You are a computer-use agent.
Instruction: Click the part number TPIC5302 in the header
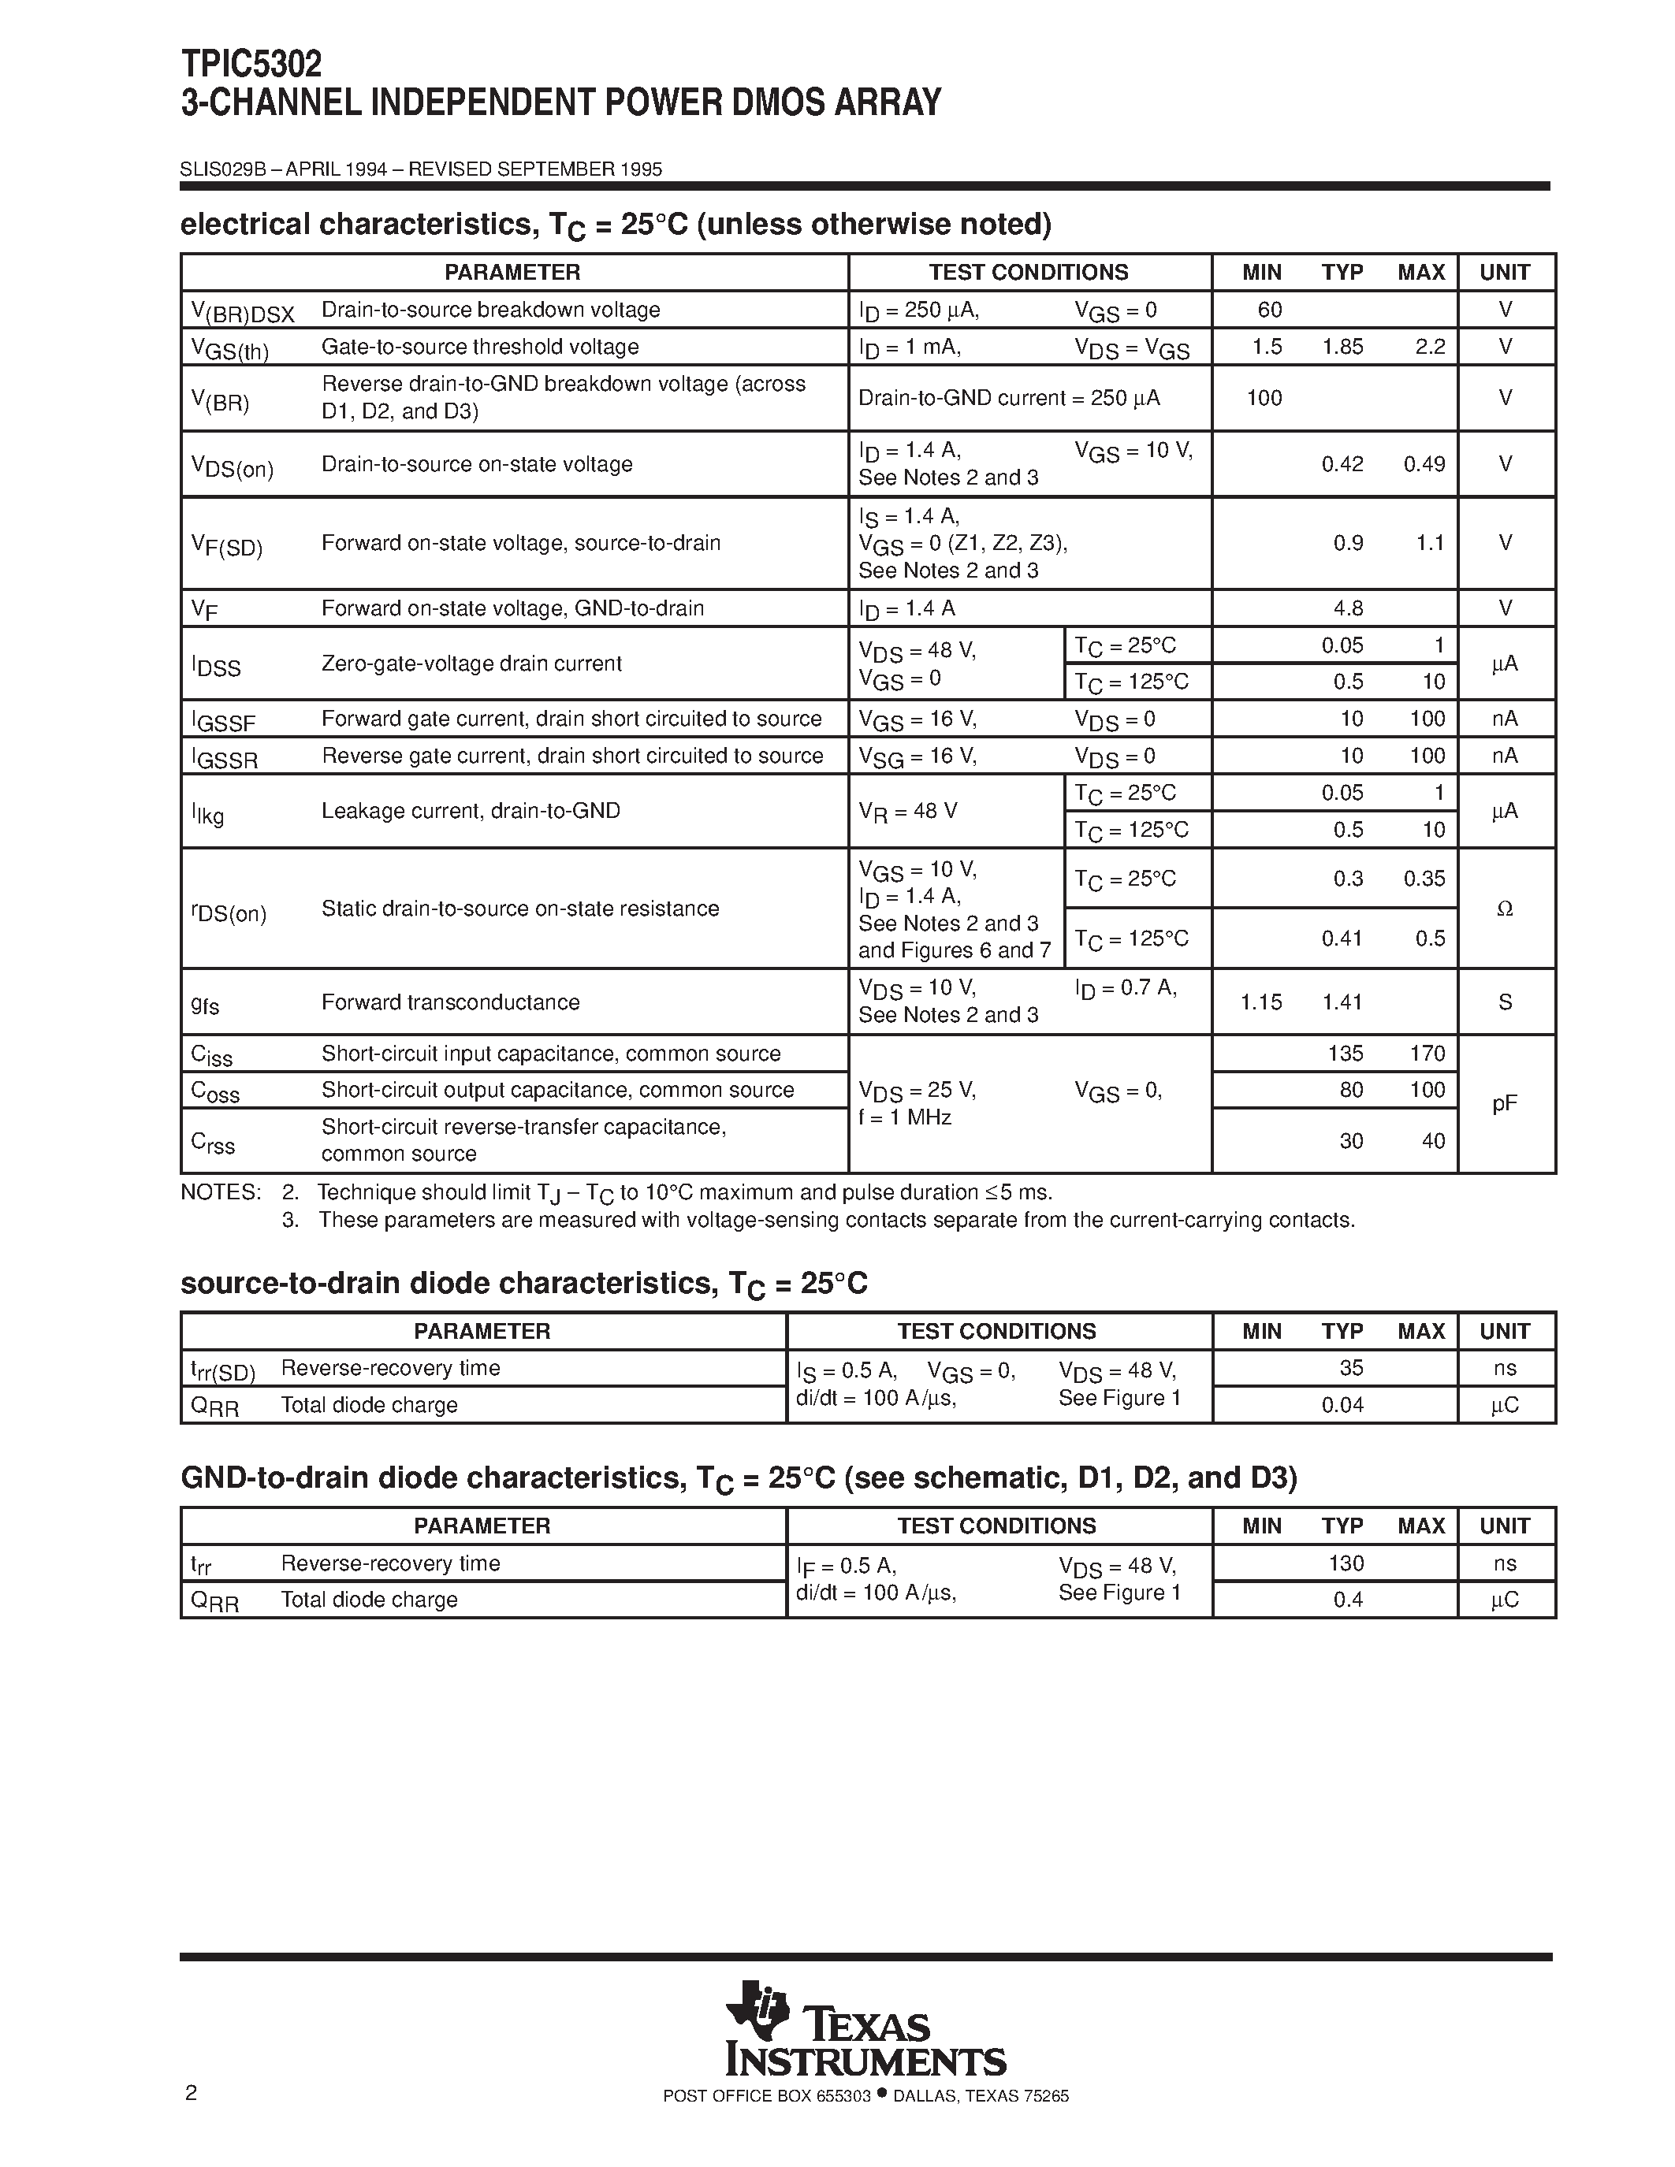[251, 65]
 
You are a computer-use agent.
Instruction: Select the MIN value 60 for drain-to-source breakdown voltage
[1269, 310]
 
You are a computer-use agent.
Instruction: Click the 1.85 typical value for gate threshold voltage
[1342, 346]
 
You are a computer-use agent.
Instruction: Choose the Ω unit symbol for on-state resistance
[1504, 909]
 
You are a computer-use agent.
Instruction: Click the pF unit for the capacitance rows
[1504, 1103]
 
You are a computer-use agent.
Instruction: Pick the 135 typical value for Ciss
[1346, 1053]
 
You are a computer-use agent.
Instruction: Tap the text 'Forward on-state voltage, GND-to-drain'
[512, 608]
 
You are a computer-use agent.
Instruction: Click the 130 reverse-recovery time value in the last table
[1346, 1563]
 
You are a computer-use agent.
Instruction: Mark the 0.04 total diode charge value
[1342, 1405]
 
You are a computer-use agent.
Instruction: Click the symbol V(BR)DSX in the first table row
[242, 314]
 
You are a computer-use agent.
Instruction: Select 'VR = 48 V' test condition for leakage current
[907, 812]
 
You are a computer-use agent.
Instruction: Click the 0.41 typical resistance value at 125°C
[1342, 939]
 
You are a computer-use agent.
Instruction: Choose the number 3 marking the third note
[290, 1221]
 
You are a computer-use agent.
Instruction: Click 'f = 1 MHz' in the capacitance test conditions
[904, 1117]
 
